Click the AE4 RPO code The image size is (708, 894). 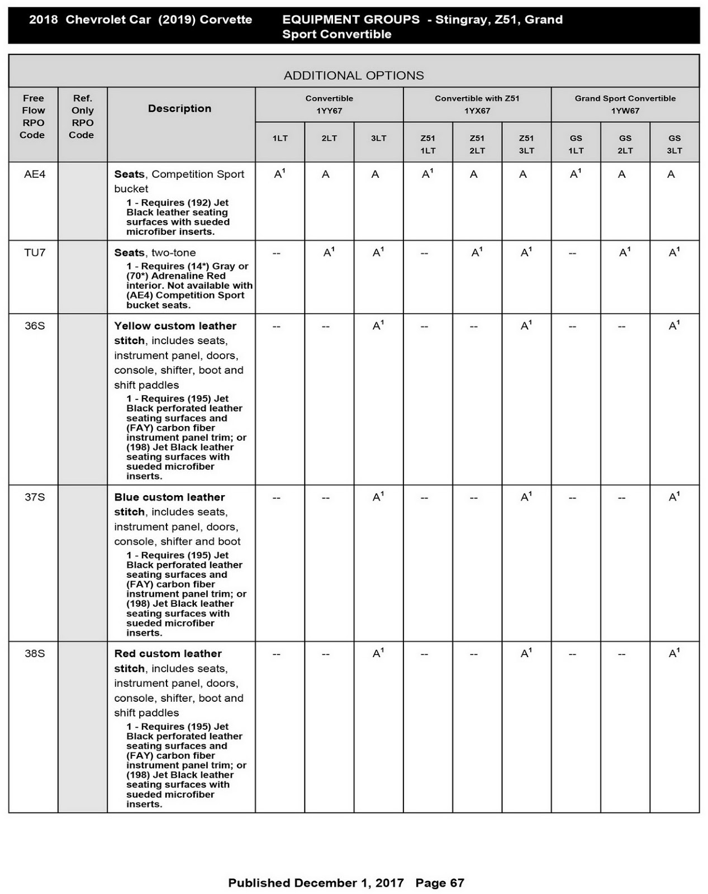point(35,174)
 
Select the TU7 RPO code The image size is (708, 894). point(35,253)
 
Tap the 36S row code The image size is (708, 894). point(35,326)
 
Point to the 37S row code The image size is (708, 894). point(35,497)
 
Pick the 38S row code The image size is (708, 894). point(35,654)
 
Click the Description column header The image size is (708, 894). point(179,108)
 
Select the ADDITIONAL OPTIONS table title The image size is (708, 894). point(354,75)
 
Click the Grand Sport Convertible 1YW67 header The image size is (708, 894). point(625,104)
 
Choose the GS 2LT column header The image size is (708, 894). point(625,144)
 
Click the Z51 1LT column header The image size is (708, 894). point(428,144)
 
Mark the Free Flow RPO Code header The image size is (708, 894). point(33,116)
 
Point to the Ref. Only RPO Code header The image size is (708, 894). point(82,116)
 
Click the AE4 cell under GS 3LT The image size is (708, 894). point(671,174)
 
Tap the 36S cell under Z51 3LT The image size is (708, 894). point(526,325)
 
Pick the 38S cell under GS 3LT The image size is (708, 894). point(674,653)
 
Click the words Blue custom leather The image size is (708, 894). point(169,497)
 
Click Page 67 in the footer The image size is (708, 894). point(440,883)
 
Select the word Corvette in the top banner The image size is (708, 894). point(226,20)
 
